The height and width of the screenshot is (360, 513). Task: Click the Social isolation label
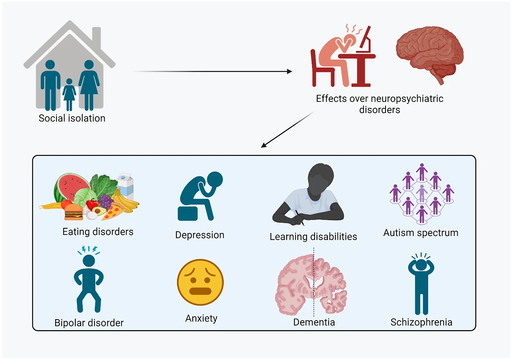point(72,118)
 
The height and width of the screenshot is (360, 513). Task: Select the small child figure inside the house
point(69,95)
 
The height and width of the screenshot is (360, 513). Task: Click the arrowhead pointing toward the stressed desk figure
point(289,71)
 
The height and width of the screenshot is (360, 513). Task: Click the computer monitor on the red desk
point(366,39)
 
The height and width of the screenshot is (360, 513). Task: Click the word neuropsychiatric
point(407,99)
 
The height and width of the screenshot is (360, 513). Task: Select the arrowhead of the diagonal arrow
point(264,145)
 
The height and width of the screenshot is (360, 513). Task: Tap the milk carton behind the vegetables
point(126,186)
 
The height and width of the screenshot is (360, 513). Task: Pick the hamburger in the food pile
point(74,212)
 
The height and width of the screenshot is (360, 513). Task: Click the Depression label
point(200,235)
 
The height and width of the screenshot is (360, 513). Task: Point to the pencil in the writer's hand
point(300,218)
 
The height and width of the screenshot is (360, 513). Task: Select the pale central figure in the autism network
point(422,194)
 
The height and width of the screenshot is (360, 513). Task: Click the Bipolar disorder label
point(89,323)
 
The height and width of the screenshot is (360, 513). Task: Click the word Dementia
point(314,322)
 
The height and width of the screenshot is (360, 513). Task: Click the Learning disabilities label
point(313,237)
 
